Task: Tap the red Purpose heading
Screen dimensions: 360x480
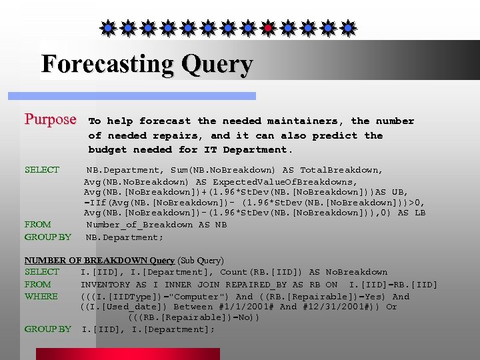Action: (51, 120)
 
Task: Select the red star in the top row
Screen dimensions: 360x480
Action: (267, 28)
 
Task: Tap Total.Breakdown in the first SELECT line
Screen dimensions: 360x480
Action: (341, 170)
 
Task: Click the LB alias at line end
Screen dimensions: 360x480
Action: (419, 213)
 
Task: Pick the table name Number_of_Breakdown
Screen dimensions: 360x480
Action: (141, 225)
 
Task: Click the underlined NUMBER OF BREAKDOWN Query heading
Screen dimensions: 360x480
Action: (99, 260)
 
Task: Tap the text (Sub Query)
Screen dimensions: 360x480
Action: (201, 260)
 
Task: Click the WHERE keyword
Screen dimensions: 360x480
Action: (41, 297)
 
